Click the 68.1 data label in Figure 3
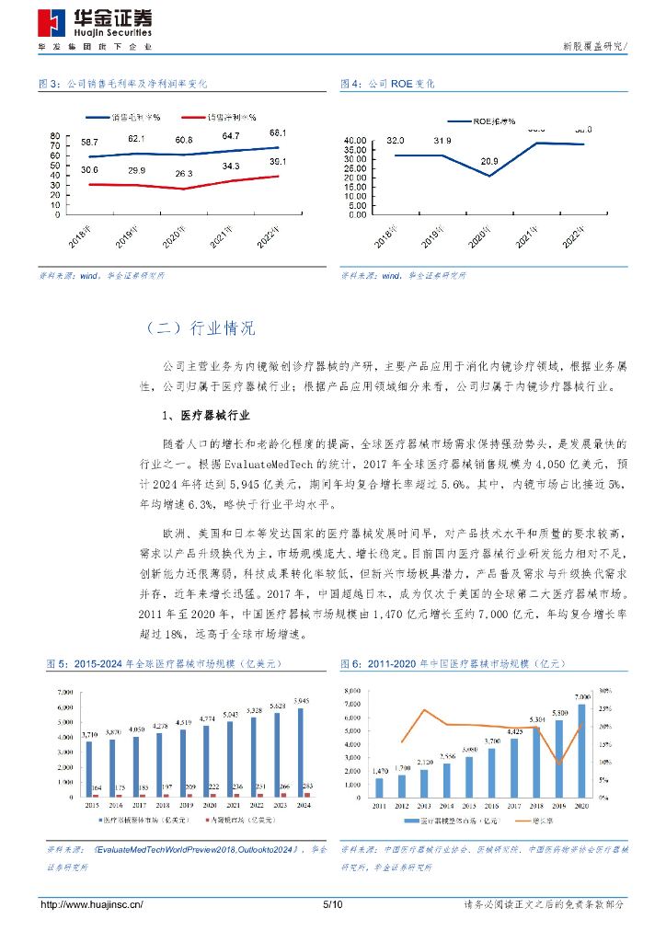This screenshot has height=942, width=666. pos(278,132)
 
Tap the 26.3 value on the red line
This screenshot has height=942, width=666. pos(184,173)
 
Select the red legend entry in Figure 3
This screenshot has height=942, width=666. pos(218,118)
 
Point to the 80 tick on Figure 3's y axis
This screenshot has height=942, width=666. pos(55,135)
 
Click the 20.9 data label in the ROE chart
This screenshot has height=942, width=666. pos(488,161)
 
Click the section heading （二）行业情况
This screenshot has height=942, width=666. pos(200,328)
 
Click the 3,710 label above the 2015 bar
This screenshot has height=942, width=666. pos(89,735)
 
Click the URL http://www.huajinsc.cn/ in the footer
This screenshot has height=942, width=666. pos(92,905)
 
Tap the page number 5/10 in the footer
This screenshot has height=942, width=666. pos(333,905)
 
